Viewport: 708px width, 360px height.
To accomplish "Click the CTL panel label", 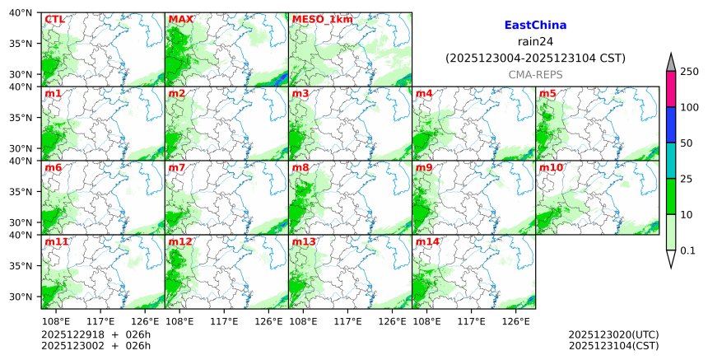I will [x=55, y=20].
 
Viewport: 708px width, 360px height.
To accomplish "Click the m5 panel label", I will [x=547, y=94].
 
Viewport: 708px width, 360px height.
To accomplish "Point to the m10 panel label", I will [x=551, y=168].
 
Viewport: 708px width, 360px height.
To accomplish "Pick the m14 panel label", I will [x=427, y=242].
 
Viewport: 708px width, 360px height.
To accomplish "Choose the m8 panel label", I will [x=300, y=168].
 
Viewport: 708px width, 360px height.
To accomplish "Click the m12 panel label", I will [x=180, y=242].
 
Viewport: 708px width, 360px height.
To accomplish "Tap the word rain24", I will [x=535, y=41].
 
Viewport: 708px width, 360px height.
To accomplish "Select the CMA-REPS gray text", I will [x=535, y=74].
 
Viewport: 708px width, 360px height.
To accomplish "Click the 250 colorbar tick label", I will [x=689, y=72].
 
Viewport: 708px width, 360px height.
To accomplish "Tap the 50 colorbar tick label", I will [x=686, y=143].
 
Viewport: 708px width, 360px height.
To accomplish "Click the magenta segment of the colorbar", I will [x=670, y=89].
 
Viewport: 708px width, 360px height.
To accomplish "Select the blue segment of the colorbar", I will [x=670, y=125].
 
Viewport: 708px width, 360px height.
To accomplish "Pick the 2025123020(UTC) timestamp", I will [x=613, y=334].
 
